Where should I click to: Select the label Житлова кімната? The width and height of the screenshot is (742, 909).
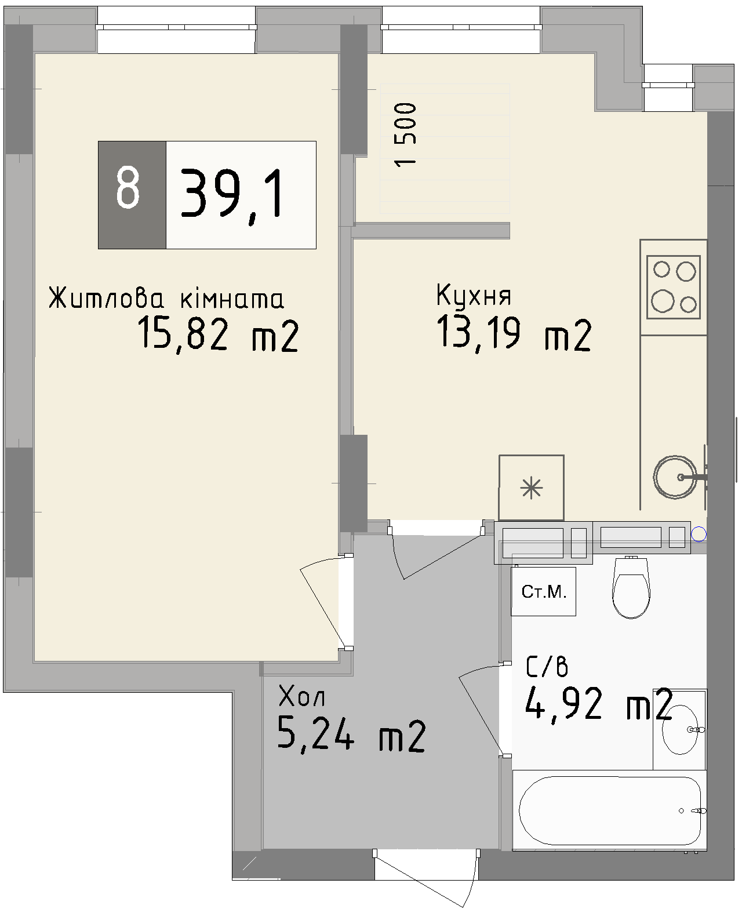(x=166, y=299)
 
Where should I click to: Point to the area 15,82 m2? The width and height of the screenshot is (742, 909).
(x=218, y=336)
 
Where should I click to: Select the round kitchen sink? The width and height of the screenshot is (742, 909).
(x=675, y=478)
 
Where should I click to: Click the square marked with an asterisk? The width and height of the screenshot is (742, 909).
(x=532, y=488)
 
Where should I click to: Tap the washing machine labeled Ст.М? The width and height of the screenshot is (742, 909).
(x=543, y=591)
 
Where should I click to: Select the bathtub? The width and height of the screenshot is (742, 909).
(x=610, y=811)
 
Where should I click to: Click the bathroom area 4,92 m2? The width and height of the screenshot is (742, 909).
(x=598, y=705)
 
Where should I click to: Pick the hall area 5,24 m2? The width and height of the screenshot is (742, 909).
(x=352, y=735)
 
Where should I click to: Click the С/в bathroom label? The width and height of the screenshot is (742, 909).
(x=547, y=667)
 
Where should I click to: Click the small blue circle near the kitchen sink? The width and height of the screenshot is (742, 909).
(x=700, y=533)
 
